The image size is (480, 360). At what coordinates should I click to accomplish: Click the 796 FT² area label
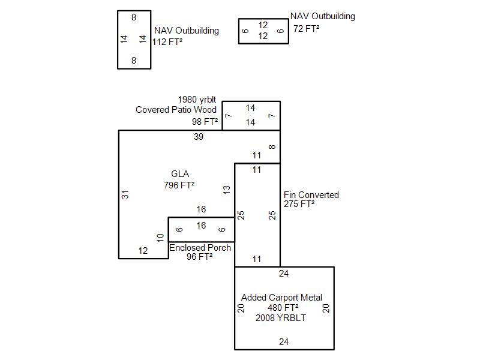pos(179,185)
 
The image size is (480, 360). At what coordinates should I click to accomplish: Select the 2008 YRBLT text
pos(281,318)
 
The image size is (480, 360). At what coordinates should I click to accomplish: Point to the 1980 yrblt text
pos(197,99)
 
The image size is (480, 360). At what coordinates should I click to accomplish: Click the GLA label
pos(180,175)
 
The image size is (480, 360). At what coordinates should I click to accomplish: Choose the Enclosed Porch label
pos(200,248)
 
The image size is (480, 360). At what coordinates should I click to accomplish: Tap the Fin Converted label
pos(311,195)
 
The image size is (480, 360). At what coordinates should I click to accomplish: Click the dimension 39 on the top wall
pos(199,137)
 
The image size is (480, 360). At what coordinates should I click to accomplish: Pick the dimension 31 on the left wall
pos(125,194)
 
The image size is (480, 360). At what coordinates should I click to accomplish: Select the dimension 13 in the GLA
pos(227,189)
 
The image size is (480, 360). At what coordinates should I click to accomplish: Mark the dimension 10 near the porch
pos(160,238)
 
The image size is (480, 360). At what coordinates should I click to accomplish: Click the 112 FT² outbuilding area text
pos(167,42)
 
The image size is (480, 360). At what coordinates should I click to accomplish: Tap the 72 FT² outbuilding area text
pos(306,28)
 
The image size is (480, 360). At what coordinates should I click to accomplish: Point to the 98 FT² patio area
pos(205,121)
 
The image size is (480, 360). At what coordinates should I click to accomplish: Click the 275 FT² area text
pos(299,204)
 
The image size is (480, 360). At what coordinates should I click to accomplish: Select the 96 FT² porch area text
pos(200,257)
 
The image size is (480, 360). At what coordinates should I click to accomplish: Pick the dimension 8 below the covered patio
pos(272,147)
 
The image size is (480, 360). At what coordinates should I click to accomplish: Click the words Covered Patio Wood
pos(176,110)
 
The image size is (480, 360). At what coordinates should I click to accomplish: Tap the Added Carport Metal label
pos(281,298)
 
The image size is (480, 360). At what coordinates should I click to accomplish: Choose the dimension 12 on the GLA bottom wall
pos(143,251)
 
